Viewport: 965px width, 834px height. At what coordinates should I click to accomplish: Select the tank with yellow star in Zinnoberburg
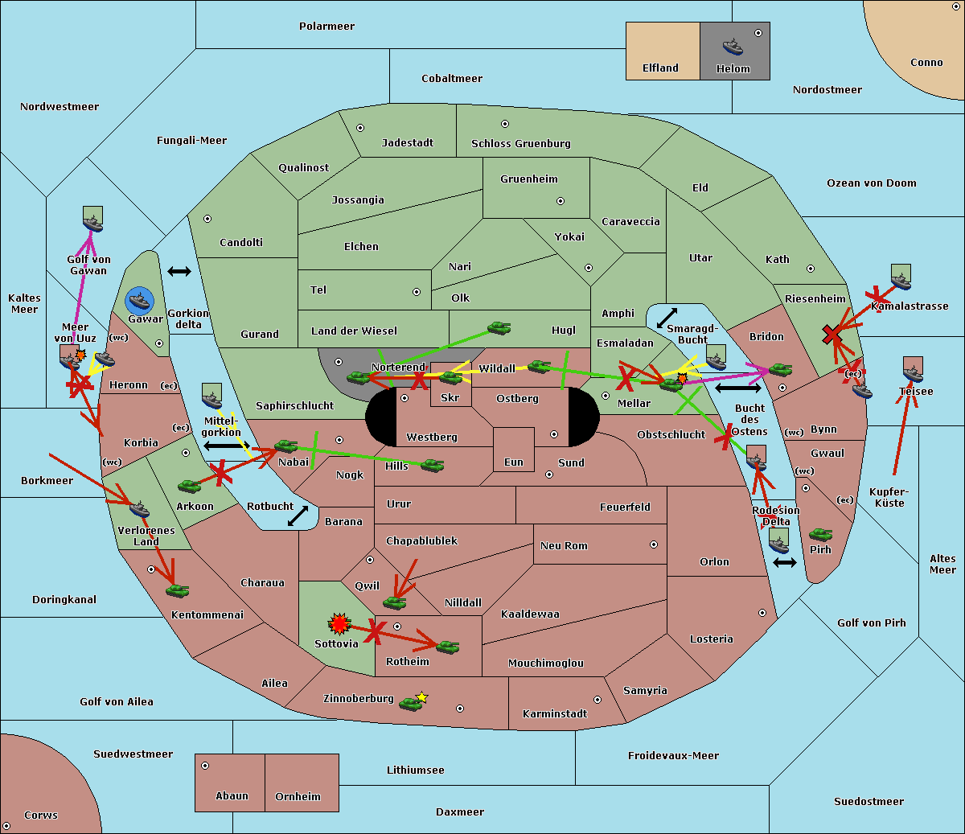coord(413,701)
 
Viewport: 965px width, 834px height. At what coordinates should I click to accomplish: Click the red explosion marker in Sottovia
coord(339,623)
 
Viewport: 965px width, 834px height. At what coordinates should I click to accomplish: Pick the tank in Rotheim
coord(448,647)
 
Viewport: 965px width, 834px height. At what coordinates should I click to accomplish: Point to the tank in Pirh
coord(820,534)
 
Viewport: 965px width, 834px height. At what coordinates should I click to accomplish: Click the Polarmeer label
coord(326,27)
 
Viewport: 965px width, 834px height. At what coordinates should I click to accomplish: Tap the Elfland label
coord(660,68)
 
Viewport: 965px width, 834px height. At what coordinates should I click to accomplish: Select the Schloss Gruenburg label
coord(521,143)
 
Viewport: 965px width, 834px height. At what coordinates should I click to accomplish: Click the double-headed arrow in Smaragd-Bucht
coord(667,318)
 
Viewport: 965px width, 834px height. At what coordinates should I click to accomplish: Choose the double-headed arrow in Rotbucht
coord(298,516)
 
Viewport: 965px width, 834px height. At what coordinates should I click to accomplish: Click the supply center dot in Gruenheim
coord(561,201)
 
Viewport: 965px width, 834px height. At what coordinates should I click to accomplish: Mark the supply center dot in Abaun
coord(205,766)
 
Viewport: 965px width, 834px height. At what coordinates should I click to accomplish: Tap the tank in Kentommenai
coord(178,590)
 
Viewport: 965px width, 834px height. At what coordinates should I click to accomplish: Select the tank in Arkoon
coord(190,486)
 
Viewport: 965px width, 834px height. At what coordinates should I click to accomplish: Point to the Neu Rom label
coord(564,545)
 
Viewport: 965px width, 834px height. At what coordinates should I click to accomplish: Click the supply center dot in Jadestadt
coord(360,128)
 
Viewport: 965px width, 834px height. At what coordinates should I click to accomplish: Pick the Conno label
coord(926,63)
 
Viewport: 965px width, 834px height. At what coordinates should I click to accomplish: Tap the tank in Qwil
coord(395,602)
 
